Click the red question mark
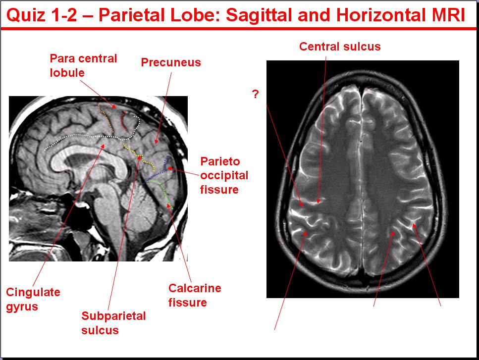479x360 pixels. pos(256,94)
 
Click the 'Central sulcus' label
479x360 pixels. pos(340,47)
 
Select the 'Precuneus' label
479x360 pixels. pos(171,62)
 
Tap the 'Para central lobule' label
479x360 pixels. pos(83,65)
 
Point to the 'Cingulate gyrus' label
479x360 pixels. pos(33,299)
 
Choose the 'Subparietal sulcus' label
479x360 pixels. pos(113,323)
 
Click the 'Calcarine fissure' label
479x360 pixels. pos(195,295)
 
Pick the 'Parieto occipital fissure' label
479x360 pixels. pos(224,175)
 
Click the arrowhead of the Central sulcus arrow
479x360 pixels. pos(318,201)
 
